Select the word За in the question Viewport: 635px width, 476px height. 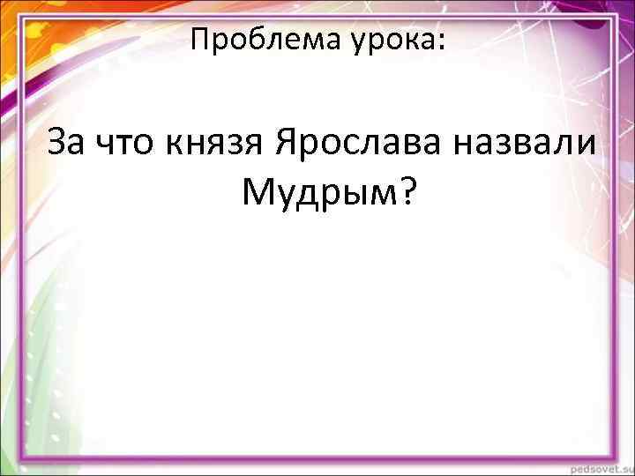point(67,143)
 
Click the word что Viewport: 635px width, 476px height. point(127,143)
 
